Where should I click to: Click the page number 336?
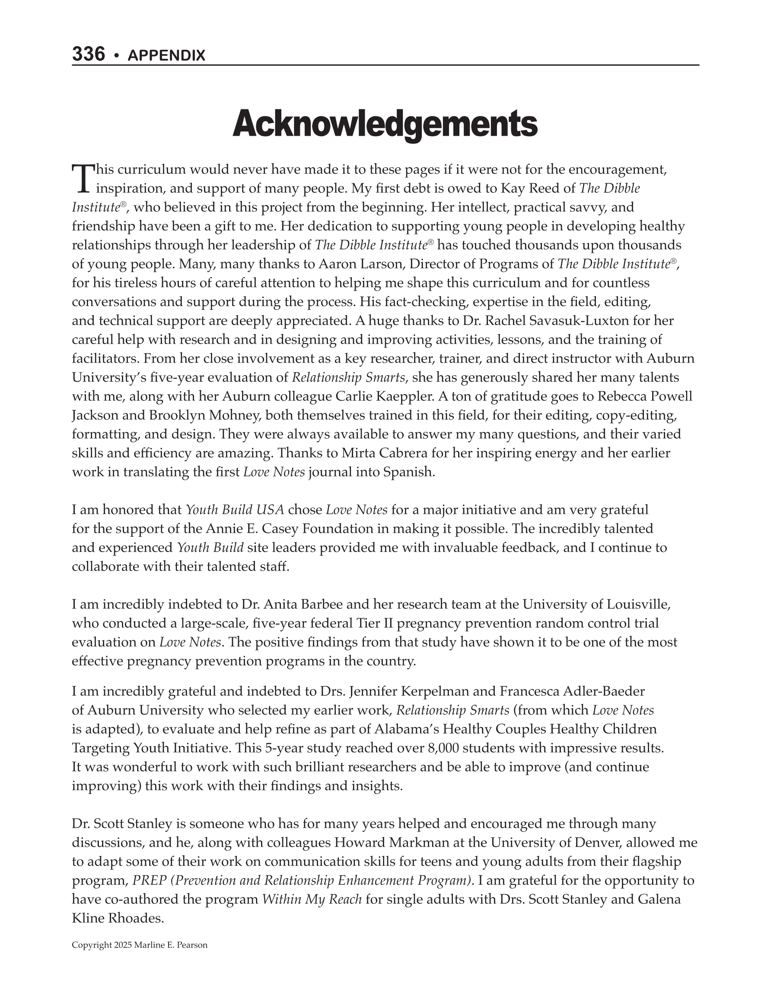[89, 54]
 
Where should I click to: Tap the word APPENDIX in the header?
[166, 56]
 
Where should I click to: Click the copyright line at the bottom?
[140, 945]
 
